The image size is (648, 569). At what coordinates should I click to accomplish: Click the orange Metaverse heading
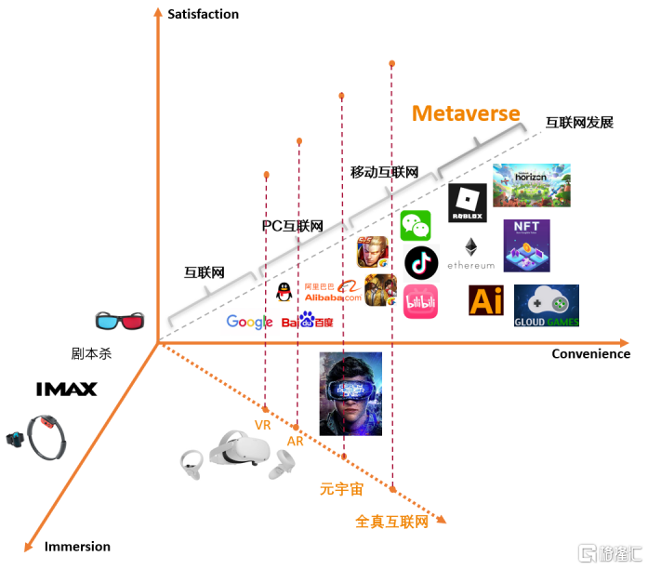coord(466,113)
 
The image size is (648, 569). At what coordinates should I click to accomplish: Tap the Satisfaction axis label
coord(203,14)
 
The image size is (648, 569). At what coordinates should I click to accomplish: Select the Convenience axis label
coord(590,353)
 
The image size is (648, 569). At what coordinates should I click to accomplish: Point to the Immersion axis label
coord(77,547)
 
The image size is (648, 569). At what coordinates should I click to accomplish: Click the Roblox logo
coord(467,203)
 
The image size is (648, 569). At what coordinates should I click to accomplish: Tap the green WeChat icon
coord(416,226)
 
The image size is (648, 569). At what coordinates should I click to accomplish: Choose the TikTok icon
coord(421,263)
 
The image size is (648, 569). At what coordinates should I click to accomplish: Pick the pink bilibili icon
coord(420,301)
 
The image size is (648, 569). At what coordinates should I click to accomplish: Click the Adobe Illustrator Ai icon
coord(485,301)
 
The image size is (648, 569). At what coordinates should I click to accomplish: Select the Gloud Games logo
coord(546,306)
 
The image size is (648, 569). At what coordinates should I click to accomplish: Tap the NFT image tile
coord(526,245)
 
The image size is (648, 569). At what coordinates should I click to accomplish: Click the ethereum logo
coord(471,254)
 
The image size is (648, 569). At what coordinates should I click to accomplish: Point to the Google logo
coord(249,322)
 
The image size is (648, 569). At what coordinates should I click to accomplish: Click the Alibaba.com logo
coord(333,291)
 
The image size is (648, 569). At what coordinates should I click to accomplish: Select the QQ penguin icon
coord(284,292)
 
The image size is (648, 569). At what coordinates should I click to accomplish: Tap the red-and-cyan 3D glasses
coord(120,321)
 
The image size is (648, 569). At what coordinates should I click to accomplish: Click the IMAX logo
coord(66,390)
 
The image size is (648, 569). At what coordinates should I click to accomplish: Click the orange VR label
coord(263,425)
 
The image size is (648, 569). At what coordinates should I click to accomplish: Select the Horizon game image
coord(531,185)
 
